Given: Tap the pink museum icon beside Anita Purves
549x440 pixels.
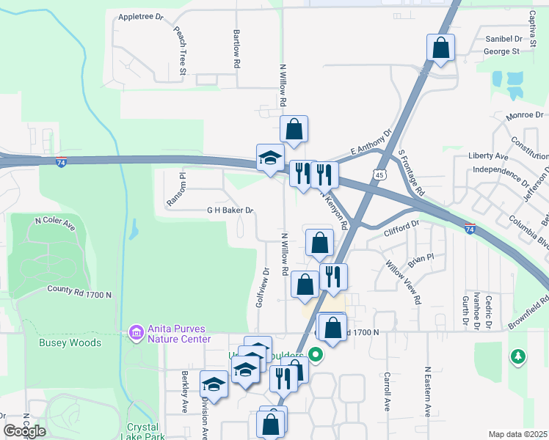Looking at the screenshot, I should click(136, 334).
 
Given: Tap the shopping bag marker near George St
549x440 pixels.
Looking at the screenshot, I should click(440, 48).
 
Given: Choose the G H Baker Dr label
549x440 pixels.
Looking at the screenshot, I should click(230, 210).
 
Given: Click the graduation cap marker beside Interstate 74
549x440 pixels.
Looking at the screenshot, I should click(269, 158).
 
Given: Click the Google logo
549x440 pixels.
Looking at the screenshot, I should click(24, 431).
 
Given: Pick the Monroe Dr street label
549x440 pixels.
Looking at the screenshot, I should click(525, 115).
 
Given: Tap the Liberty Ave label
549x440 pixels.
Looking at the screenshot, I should click(488, 157).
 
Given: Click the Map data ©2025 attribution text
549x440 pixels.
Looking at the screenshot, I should click(518, 434).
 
